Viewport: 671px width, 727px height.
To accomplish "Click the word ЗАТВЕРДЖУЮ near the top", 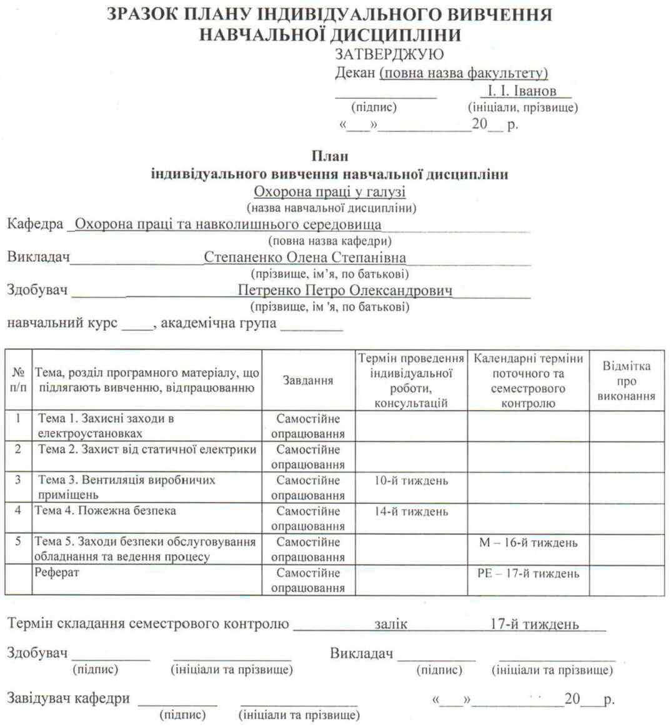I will tap(389, 54).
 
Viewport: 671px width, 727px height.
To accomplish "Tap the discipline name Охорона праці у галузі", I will tap(329, 191).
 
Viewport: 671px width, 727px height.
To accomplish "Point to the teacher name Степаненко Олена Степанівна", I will tap(305, 257).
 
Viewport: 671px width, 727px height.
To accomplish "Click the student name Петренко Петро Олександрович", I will tap(345, 290).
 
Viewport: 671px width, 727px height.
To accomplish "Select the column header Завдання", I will tap(308, 380).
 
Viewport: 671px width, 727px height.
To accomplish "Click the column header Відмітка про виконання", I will tap(626, 381).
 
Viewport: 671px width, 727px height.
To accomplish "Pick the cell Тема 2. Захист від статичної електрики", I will tap(147, 449).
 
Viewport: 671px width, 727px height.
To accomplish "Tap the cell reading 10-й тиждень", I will tap(411, 480).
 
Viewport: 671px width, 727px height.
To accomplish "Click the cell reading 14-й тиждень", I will tap(411, 511).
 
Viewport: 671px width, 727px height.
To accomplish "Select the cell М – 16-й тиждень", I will tap(528, 542).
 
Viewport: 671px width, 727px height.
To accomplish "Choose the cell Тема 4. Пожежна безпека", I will tap(105, 510).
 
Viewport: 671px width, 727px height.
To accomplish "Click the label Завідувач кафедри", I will tap(68, 698).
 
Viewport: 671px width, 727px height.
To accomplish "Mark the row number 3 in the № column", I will tap(18, 479).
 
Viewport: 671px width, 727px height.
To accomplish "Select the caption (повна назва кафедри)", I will tap(329, 241).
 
